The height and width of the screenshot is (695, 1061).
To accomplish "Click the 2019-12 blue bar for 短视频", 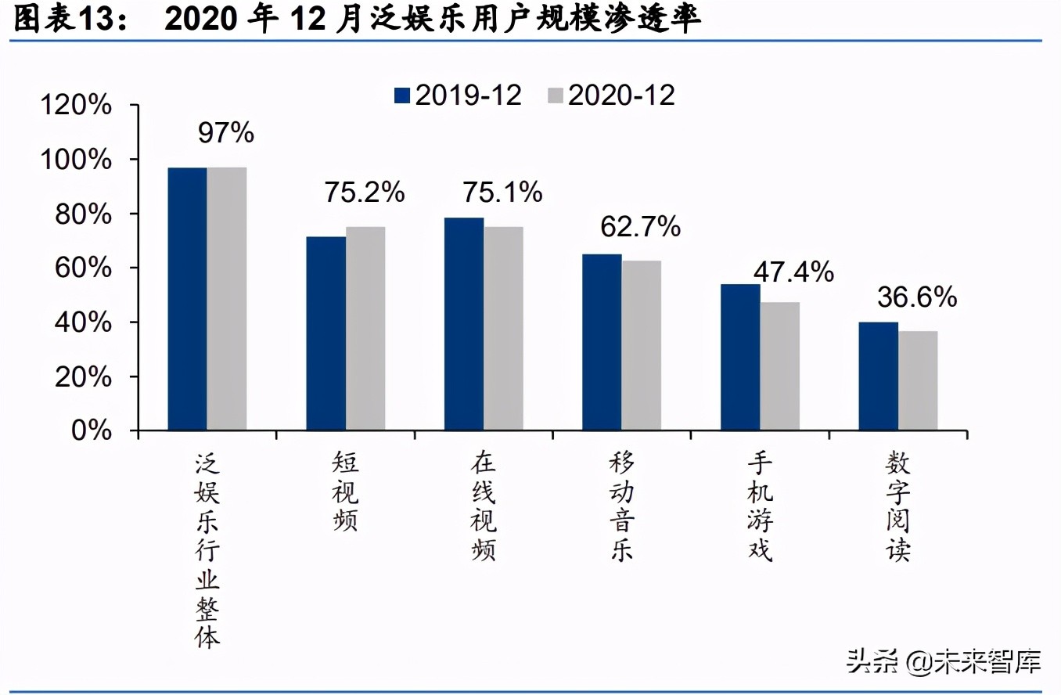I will pos(325,333).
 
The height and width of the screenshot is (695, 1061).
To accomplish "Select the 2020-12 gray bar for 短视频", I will pos(365,329).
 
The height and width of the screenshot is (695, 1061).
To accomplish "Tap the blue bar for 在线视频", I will pos(464,324).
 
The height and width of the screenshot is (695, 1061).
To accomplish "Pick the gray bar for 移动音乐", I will pos(642,345).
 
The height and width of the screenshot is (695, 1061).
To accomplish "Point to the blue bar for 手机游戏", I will pos(740,357).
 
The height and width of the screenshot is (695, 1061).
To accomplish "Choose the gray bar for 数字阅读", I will pos(918,380).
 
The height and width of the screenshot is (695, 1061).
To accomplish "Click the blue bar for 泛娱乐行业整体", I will pos(188,299).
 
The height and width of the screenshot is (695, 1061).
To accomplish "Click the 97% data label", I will pos(226,133).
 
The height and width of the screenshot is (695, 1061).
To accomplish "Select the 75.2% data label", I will pos(365,193).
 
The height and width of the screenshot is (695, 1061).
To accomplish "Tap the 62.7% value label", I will pos(641,227).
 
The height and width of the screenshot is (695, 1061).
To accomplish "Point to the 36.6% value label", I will pos(917,297).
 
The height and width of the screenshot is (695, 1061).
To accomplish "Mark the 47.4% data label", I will pos(793,272).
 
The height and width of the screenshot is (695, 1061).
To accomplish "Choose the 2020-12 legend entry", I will pos(611,95).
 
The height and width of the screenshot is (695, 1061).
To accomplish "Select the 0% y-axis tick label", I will pos(93,431).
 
